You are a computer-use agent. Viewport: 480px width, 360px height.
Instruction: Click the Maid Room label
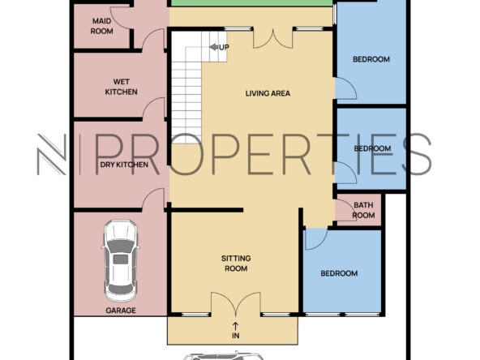102,26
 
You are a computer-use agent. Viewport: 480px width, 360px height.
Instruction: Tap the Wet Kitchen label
122,87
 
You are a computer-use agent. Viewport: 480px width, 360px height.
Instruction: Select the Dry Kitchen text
124,165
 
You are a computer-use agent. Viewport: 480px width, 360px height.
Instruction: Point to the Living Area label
268,93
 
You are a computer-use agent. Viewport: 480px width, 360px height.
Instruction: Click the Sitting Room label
236,264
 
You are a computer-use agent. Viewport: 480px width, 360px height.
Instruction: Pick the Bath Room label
363,210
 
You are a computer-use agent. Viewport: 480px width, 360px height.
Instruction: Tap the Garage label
121,311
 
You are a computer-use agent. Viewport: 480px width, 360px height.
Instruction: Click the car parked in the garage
121,260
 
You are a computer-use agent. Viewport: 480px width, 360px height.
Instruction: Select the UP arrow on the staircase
214,47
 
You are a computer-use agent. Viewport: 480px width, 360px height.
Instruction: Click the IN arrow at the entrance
235,326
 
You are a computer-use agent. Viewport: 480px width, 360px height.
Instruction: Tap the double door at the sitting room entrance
236,304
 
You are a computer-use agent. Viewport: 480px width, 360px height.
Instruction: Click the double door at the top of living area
272,38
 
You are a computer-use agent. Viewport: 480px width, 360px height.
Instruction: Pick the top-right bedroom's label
371,59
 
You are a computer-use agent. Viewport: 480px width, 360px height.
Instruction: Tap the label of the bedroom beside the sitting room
339,273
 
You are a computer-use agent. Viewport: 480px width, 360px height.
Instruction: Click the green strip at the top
251,3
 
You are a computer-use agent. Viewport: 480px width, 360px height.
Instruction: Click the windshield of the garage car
121,246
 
